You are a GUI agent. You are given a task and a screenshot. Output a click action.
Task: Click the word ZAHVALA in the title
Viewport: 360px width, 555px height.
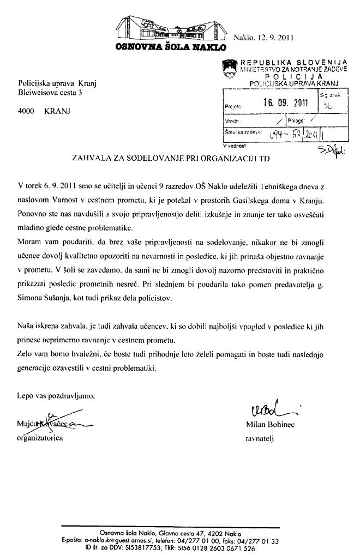pyautogui.click(x=91, y=159)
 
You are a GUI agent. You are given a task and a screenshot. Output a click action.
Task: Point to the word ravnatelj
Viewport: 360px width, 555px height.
pyautogui.click(x=261, y=438)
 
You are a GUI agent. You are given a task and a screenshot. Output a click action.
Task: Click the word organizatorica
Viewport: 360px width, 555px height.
pyautogui.click(x=40, y=437)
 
